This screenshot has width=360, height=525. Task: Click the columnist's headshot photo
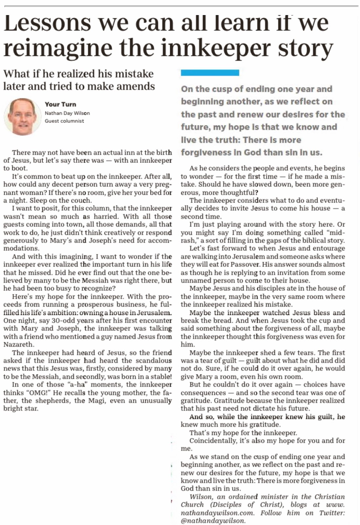pos(20,117)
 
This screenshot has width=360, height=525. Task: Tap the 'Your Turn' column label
pos(60,104)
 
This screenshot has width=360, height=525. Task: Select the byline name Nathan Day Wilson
pos(67,113)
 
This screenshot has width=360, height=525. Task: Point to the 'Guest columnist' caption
pos(64,121)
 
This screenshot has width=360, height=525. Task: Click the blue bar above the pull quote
pos(210,73)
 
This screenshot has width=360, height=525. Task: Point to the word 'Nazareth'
pos(18,345)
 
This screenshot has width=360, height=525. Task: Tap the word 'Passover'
pos(245,264)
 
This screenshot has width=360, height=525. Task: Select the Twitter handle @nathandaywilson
pos(213,521)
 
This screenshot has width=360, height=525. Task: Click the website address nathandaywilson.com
pos(217,513)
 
